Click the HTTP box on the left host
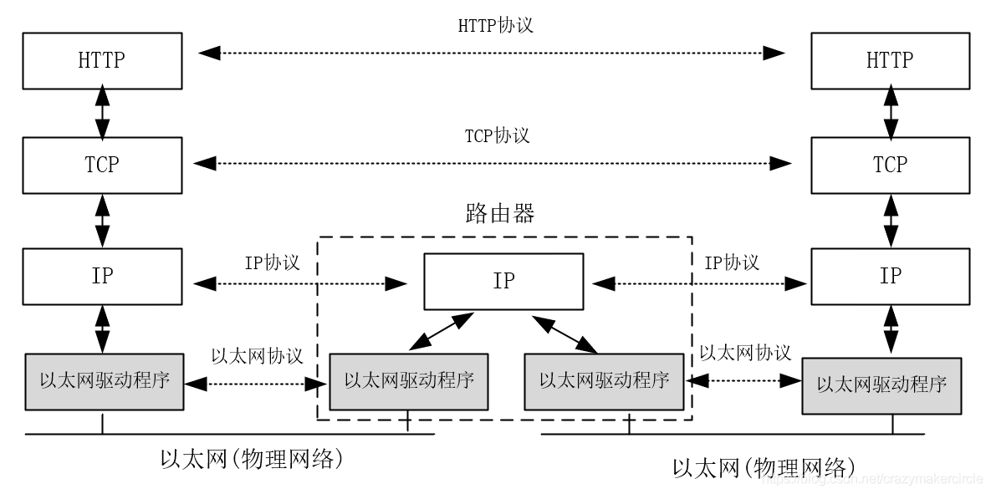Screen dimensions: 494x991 103,59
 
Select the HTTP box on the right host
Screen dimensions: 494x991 889,59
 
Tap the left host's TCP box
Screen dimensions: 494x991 103,165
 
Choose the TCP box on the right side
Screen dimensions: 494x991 889,165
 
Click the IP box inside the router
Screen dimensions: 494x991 503,281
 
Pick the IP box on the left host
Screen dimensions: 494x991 103,276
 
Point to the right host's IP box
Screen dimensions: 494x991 889,276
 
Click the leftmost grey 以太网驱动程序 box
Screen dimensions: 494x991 105,381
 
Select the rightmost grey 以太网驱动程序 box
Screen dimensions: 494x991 881,385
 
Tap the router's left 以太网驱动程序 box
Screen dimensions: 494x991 409,381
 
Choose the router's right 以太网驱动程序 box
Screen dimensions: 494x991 604,381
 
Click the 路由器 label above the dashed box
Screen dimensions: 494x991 499,214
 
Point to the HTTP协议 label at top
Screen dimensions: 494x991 495,25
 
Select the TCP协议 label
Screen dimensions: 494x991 497,135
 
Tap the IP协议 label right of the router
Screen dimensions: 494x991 732,262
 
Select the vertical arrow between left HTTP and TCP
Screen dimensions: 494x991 103,112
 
